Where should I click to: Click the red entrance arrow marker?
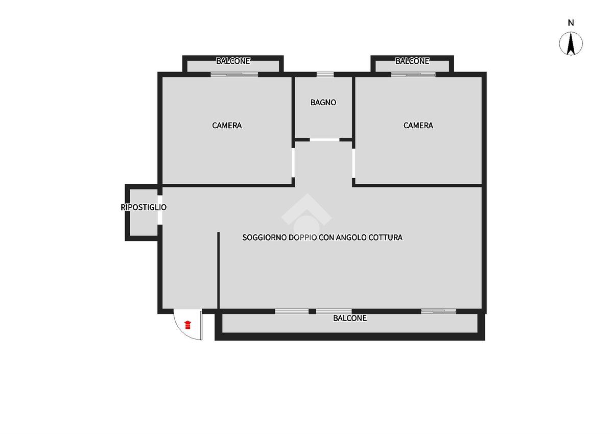(x=187, y=325)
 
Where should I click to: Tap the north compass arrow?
(x=571, y=43)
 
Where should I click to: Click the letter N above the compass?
(x=571, y=22)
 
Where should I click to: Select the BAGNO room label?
(x=323, y=102)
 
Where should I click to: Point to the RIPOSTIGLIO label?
(x=144, y=207)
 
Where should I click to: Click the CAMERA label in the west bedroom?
(x=227, y=126)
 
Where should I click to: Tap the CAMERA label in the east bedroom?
(x=418, y=126)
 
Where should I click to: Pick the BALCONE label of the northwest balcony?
(x=233, y=61)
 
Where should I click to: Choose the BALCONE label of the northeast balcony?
(x=412, y=61)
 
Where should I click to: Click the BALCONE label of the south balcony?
(x=350, y=318)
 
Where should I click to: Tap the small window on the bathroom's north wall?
(x=325, y=75)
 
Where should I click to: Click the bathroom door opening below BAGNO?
(x=324, y=140)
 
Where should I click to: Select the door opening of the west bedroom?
(x=293, y=163)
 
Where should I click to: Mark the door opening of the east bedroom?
(x=353, y=163)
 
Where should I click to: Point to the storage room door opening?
(x=160, y=210)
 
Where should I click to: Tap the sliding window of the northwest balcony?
(x=234, y=75)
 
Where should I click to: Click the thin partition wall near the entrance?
(x=219, y=271)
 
